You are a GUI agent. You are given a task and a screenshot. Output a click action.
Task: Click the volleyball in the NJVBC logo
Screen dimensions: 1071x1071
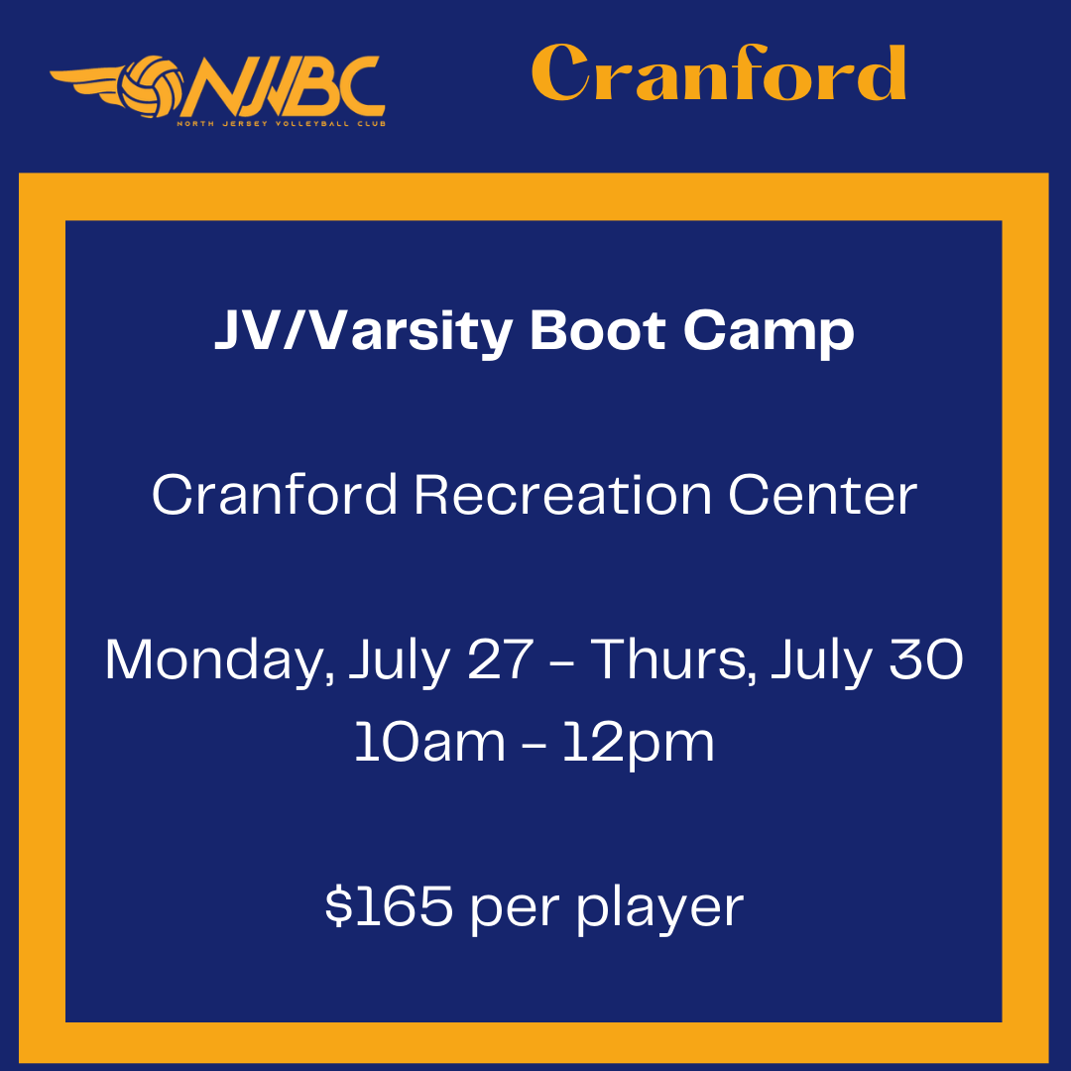pyautogui.click(x=151, y=86)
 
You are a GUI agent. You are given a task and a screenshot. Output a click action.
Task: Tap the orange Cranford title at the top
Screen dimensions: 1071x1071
pyautogui.click(x=719, y=72)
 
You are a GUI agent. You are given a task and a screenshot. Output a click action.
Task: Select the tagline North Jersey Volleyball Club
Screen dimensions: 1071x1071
pyautogui.click(x=282, y=124)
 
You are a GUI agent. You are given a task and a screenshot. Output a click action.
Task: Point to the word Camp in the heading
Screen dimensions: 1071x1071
pyautogui.click(x=770, y=334)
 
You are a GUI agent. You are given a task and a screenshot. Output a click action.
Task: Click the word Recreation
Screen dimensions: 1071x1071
pyautogui.click(x=563, y=494)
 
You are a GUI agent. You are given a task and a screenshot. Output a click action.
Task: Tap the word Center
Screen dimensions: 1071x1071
pyautogui.click(x=823, y=495)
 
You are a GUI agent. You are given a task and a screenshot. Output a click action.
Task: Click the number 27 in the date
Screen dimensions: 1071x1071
pyautogui.click(x=500, y=659)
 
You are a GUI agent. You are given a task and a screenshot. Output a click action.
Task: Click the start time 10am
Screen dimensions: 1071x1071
pyautogui.click(x=430, y=742)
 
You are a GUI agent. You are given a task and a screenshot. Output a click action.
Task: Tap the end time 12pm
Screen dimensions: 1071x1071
pyautogui.click(x=639, y=745)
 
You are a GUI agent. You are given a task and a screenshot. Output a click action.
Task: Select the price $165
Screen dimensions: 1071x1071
pyautogui.click(x=389, y=905)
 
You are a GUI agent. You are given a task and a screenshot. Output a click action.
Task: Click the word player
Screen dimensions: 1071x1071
pyautogui.click(x=660, y=909)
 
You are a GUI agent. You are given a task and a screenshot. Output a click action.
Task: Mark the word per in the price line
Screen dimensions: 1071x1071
pyautogui.click(x=515, y=912)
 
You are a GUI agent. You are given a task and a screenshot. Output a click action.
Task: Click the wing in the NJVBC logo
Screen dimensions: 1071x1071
pyautogui.click(x=85, y=84)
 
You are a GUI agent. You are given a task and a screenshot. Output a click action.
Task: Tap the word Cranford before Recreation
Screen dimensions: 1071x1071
pyautogui.click(x=274, y=494)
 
